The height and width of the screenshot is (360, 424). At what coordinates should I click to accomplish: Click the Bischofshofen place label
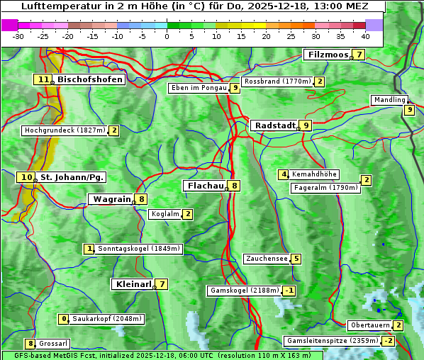90,80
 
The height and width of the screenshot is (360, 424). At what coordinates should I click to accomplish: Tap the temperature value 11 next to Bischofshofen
44,80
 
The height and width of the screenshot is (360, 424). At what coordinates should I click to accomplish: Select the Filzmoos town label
328,55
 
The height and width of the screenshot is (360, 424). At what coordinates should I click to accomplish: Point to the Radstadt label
274,125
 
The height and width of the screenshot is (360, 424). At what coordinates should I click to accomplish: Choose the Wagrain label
112,199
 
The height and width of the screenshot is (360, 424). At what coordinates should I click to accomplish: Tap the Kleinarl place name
133,284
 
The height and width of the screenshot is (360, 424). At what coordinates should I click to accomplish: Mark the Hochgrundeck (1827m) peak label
65,130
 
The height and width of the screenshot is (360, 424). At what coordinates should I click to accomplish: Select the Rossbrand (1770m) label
277,81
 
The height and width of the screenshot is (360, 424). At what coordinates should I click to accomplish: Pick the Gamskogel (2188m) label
243,291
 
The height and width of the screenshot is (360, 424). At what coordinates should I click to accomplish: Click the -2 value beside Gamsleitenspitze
388,341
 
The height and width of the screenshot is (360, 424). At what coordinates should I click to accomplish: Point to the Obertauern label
369,325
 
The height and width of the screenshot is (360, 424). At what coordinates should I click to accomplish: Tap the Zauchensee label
267,259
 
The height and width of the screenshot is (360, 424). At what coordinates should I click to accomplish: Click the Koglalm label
164,214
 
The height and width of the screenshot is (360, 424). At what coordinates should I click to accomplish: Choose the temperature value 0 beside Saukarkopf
65,319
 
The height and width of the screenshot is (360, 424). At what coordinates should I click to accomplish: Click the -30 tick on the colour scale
18,36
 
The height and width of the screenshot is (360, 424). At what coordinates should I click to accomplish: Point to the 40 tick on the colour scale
365,36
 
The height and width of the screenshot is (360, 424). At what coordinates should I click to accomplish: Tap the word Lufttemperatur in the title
55,6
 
